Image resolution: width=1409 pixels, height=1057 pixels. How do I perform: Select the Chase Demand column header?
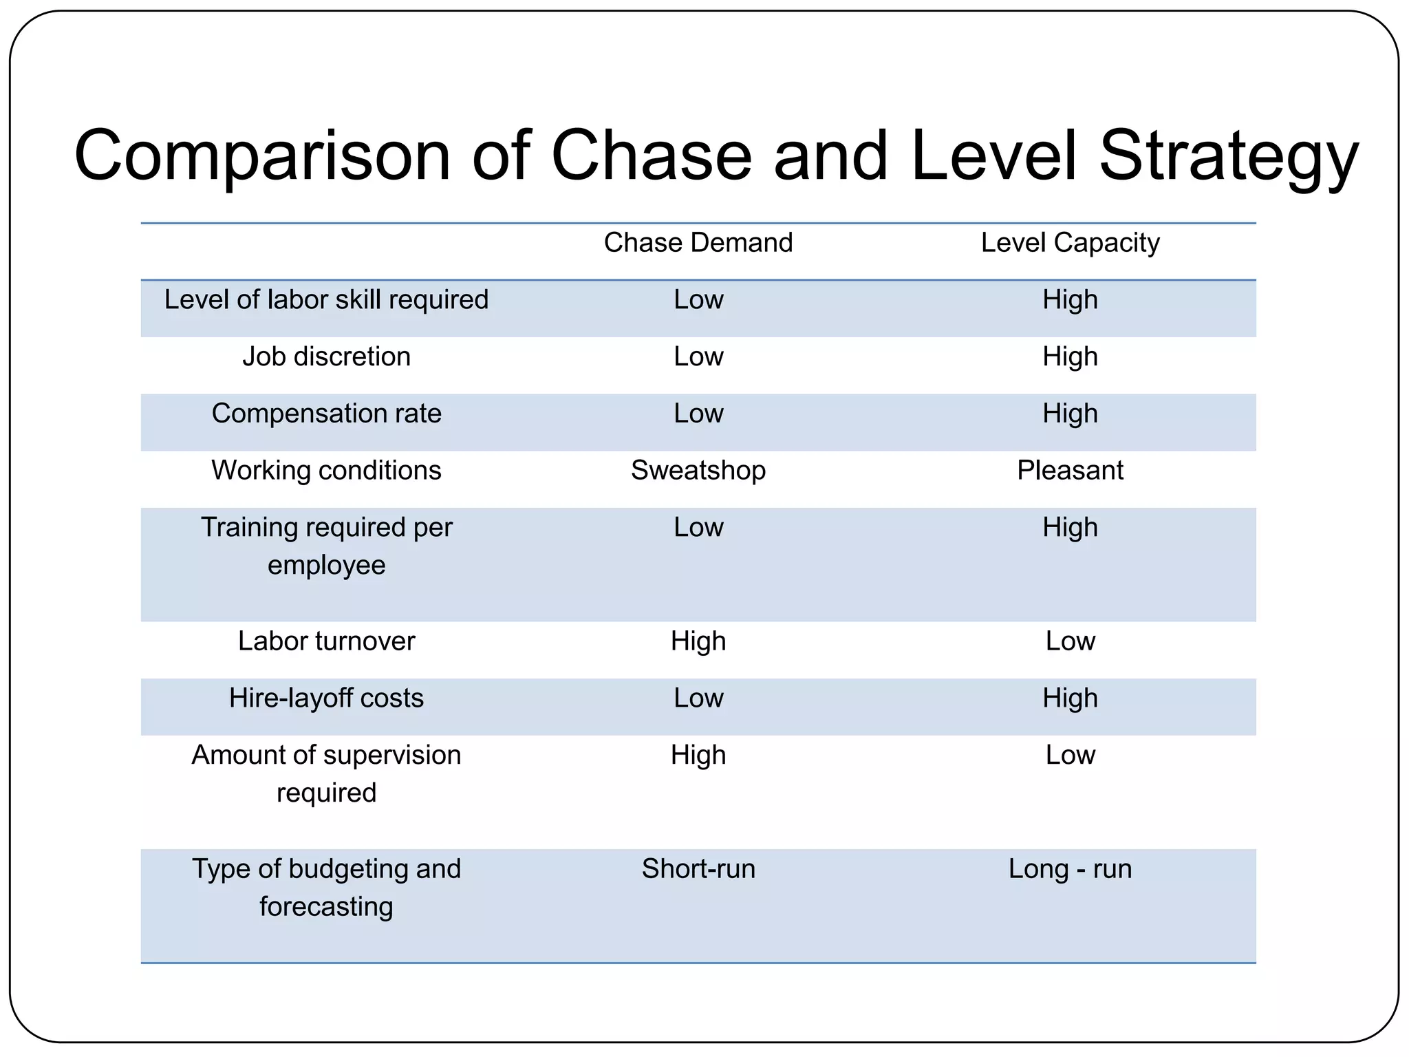698,243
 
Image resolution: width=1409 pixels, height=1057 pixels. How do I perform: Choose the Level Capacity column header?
1070,243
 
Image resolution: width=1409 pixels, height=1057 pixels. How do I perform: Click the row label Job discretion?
326,356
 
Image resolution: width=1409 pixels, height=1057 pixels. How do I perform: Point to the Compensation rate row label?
326,414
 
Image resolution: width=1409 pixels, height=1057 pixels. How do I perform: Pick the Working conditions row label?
326,471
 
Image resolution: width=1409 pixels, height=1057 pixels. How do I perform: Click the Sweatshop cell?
698,471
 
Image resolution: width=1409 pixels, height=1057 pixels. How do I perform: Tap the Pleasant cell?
1070,471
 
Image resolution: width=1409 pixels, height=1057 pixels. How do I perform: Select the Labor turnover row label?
326,641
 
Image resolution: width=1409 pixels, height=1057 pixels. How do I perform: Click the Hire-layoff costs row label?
326,698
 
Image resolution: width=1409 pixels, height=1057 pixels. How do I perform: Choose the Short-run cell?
698,869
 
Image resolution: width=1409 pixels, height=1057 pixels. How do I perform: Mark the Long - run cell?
1070,869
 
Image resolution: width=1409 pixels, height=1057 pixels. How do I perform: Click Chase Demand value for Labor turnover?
698,641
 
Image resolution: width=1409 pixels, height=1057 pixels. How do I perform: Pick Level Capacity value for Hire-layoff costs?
1070,698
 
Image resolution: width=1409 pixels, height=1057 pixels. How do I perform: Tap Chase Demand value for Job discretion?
698,356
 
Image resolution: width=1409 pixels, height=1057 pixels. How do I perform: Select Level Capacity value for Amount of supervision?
1070,756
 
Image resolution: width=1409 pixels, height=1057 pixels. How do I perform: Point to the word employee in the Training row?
326,566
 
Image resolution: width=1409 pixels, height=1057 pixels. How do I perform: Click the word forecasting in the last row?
326,907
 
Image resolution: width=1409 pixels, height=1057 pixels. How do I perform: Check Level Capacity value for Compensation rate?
1070,414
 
